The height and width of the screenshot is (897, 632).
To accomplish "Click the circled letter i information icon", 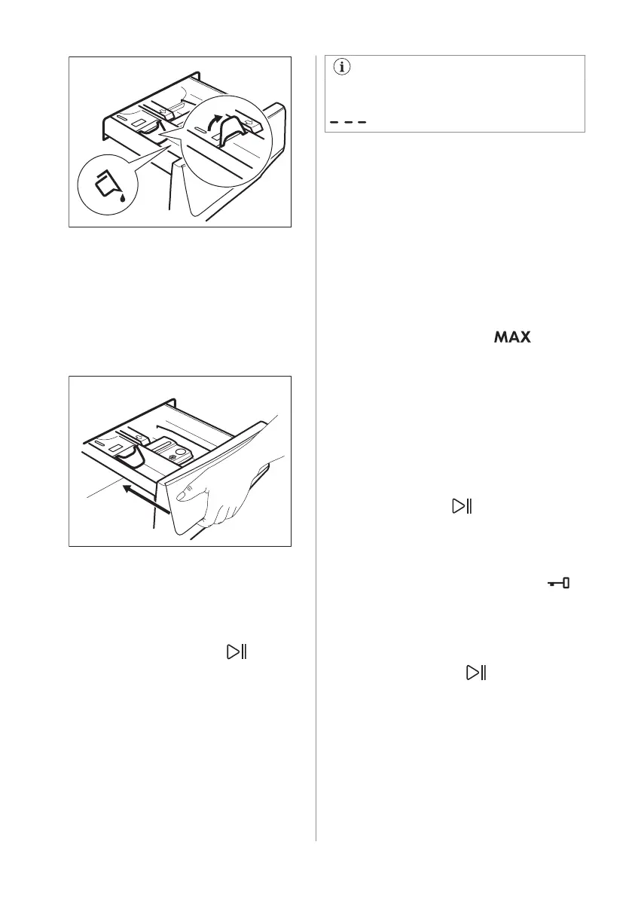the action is pyautogui.click(x=343, y=68).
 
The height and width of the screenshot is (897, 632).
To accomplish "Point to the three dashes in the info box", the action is pyautogui.click(x=347, y=123).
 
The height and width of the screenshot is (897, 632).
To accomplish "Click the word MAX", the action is pyautogui.click(x=512, y=340).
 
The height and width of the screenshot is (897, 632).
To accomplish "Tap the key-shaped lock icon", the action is pyautogui.click(x=558, y=582).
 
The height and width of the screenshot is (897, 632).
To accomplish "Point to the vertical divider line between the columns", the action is pyautogui.click(x=316, y=452).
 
